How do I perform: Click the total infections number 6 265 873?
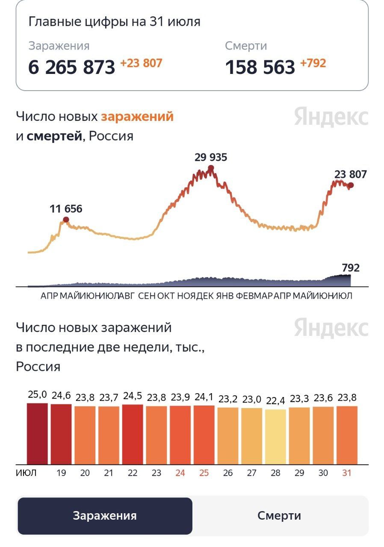click(x=71, y=67)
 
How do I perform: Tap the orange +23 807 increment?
click(x=141, y=63)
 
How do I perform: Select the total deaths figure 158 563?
click(x=260, y=67)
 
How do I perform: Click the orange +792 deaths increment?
click(x=313, y=63)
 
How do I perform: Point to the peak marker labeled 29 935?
click(x=210, y=168)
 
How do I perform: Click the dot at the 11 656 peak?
click(x=66, y=220)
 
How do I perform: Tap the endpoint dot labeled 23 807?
click(x=351, y=185)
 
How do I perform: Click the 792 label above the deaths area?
click(x=351, y=268)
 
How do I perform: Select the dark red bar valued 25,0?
click(x=38, y=433)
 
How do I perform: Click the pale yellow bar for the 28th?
click(x=275, y=437)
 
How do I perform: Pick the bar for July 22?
click(x=133, y=434)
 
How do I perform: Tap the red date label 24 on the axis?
click(x=180, y=473)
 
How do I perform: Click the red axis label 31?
click(x=347, y=473)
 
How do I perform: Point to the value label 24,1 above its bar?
click(x=204, y=397)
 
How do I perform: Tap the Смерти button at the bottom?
click(x=279, y=516)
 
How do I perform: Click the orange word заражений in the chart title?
click(x=137, y=116)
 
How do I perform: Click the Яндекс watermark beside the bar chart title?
click(x=331, y=328)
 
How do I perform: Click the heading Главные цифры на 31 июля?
click(x=114, y=22)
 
